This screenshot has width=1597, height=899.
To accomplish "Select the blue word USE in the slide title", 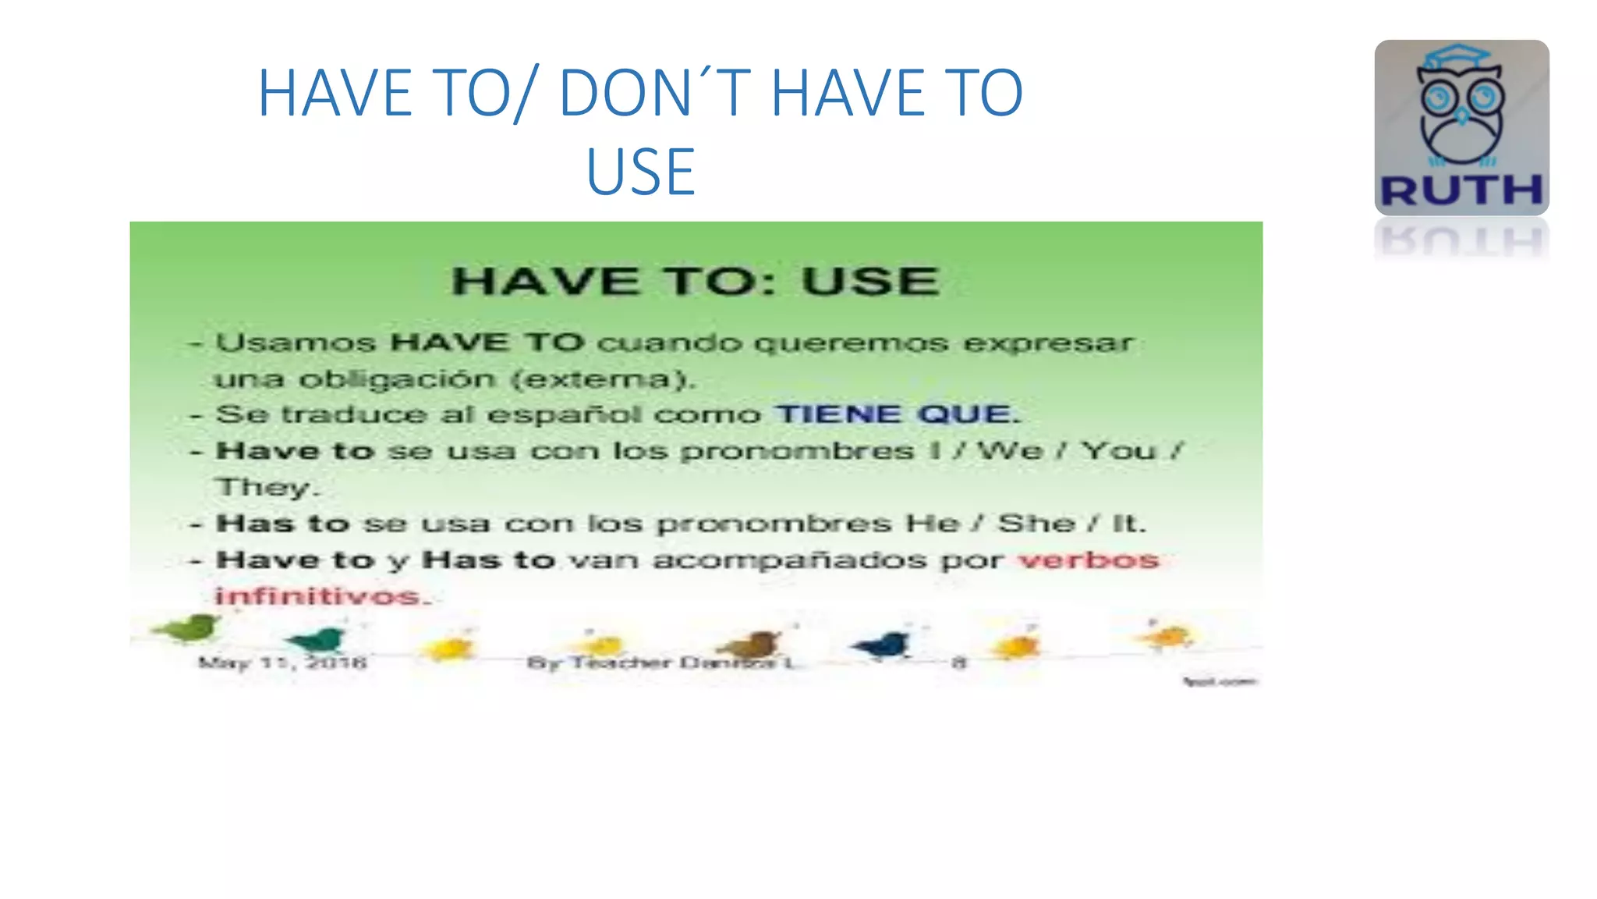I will [640, 172].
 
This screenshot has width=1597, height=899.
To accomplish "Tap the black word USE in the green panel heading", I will [870, 281].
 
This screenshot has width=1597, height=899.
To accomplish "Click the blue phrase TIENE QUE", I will [897, 414].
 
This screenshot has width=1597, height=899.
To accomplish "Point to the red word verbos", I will [1089, 560].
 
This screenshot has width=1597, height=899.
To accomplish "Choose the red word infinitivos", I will [320, 596].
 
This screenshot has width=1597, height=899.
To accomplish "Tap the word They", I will [265, 487].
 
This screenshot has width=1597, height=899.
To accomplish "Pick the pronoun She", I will [1036, 523].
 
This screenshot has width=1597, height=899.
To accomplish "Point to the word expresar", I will [1047, 343].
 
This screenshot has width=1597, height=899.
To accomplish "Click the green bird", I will [187, 628].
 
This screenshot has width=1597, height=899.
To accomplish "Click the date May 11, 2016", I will [282, 663].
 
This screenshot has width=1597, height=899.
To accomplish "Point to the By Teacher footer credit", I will [660, 663].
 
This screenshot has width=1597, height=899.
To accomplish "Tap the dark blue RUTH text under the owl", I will [1461, 190].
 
